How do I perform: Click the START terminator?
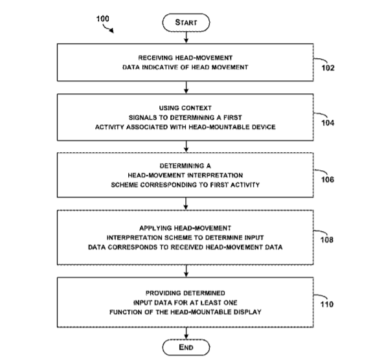pyautogui.click(x=186, y=23)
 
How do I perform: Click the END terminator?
pyautogui.click(x=186, y=347)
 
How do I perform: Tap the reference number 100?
pyautogui.click(x=103, y=19)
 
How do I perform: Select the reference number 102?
pyautogui.click(x=328, y=68)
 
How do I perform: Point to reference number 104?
pyautogui.click(x=328, y=122)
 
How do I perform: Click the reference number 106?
pyautogui.click(x=328, y=179)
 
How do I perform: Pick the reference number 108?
pyautogui.click(x=327, y=240)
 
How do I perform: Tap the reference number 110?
pyautogui.click(x=327, y=304)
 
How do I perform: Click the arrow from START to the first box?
pyautogui.click(x=186, y=38)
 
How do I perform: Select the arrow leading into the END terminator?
pyautogui.click(x=186, y=333)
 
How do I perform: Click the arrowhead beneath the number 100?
pyautogui.click(x=111, y=30)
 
